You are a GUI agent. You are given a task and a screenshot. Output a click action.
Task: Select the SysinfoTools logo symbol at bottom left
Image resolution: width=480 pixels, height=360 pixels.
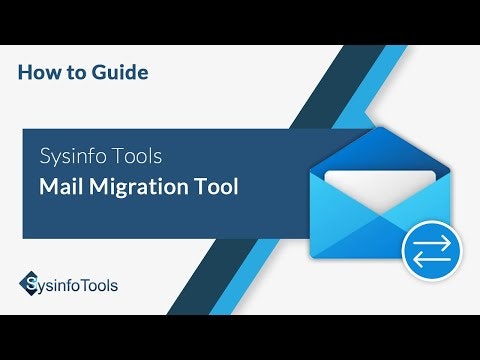point(29,285)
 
